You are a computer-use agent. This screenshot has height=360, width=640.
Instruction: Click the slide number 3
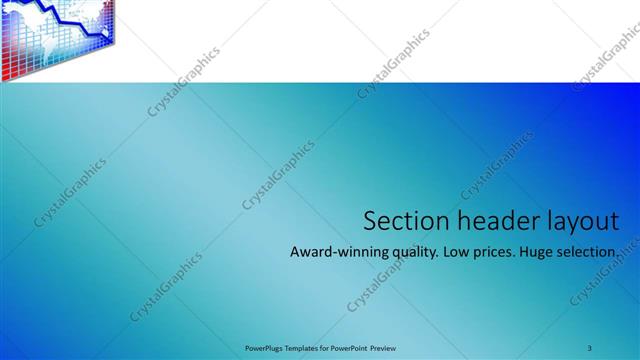coord(590,347)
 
